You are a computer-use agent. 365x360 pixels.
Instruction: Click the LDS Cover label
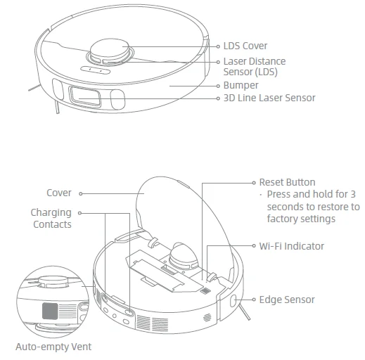245,46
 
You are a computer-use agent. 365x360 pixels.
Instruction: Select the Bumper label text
241,85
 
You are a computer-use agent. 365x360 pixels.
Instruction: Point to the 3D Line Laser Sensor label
269,98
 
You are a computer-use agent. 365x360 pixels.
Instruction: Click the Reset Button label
287,182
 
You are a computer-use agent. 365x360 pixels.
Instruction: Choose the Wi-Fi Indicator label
291,246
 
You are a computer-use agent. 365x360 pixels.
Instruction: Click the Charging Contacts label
51,218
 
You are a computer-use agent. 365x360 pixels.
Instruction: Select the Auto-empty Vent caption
53,347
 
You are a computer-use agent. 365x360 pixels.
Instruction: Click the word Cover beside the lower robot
59,193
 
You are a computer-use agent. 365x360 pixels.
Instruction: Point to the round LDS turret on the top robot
109,49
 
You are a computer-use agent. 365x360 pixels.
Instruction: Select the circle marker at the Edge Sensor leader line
254,300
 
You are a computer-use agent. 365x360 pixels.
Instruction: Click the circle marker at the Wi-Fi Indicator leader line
254,246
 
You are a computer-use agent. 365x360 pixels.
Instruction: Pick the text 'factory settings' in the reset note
301,219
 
